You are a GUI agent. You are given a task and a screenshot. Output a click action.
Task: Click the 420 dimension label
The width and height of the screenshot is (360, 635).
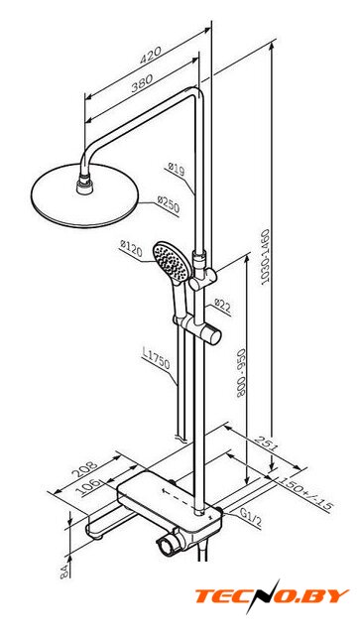(x=150, y=56)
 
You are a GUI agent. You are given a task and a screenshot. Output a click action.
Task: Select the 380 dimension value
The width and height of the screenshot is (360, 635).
(x=142, y=83)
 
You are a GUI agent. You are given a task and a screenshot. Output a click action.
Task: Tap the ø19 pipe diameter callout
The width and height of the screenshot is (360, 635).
(x=177, y=169)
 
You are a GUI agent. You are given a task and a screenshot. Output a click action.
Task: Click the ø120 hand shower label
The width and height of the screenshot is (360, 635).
(x=131, y=249)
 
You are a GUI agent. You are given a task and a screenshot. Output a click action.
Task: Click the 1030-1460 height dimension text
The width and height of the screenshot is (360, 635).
(x=265, y=258)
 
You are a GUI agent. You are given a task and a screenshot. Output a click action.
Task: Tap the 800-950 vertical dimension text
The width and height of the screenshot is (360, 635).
(x=241, y=373)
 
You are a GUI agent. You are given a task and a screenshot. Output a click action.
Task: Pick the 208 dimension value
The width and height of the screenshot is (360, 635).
(x=84, y=469)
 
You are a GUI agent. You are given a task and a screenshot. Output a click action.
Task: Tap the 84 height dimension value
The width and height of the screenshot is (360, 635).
(x=64, y=571)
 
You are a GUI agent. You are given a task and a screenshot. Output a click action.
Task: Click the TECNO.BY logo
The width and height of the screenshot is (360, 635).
(x=272, y=596)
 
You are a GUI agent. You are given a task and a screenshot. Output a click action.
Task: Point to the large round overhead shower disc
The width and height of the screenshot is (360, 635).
(x=85, y=195)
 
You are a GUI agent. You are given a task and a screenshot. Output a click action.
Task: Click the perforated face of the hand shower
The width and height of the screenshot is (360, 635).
(x=170, y=261)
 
